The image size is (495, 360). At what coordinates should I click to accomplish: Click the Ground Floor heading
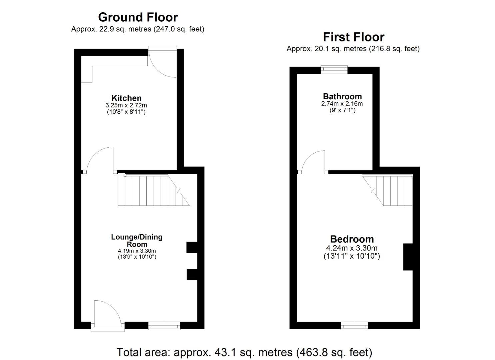point(138,17)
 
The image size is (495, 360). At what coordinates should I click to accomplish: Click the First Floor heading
point(353,37)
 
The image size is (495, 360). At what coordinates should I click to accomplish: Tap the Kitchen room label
point(126,98)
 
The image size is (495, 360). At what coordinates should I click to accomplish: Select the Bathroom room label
point(342,97)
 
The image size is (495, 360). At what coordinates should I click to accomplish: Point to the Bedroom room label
point(352,239)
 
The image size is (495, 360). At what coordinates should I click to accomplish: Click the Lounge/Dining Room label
point(137,241)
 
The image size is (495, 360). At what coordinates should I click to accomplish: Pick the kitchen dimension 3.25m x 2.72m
point(126,105)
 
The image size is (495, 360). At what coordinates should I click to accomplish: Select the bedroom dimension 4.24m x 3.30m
point(352,248)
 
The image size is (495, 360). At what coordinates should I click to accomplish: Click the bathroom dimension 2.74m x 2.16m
point(342,104)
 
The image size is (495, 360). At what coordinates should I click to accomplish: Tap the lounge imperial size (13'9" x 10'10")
point(137,257)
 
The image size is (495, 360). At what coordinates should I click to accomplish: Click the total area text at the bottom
point(244,352)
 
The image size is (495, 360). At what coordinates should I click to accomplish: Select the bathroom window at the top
point(334,69)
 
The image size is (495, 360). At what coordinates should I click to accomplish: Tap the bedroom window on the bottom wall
point(354,325)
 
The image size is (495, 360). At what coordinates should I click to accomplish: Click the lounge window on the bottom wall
point(164,326)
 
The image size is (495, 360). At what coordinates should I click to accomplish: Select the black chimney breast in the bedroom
point(408,257)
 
